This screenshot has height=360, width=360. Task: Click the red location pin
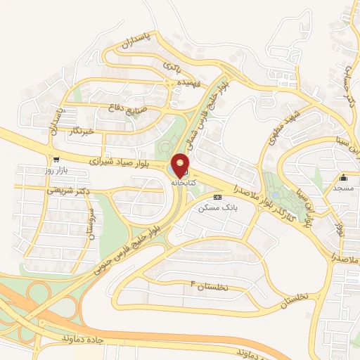pos(181,165)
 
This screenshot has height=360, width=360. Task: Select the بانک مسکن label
pos(214,208)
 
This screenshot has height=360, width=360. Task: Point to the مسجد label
pos(344,188)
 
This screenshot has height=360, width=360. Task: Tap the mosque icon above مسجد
pos(344,177)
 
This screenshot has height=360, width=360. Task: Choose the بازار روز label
pos(55,171)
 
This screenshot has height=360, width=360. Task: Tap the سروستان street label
pos(90,224)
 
